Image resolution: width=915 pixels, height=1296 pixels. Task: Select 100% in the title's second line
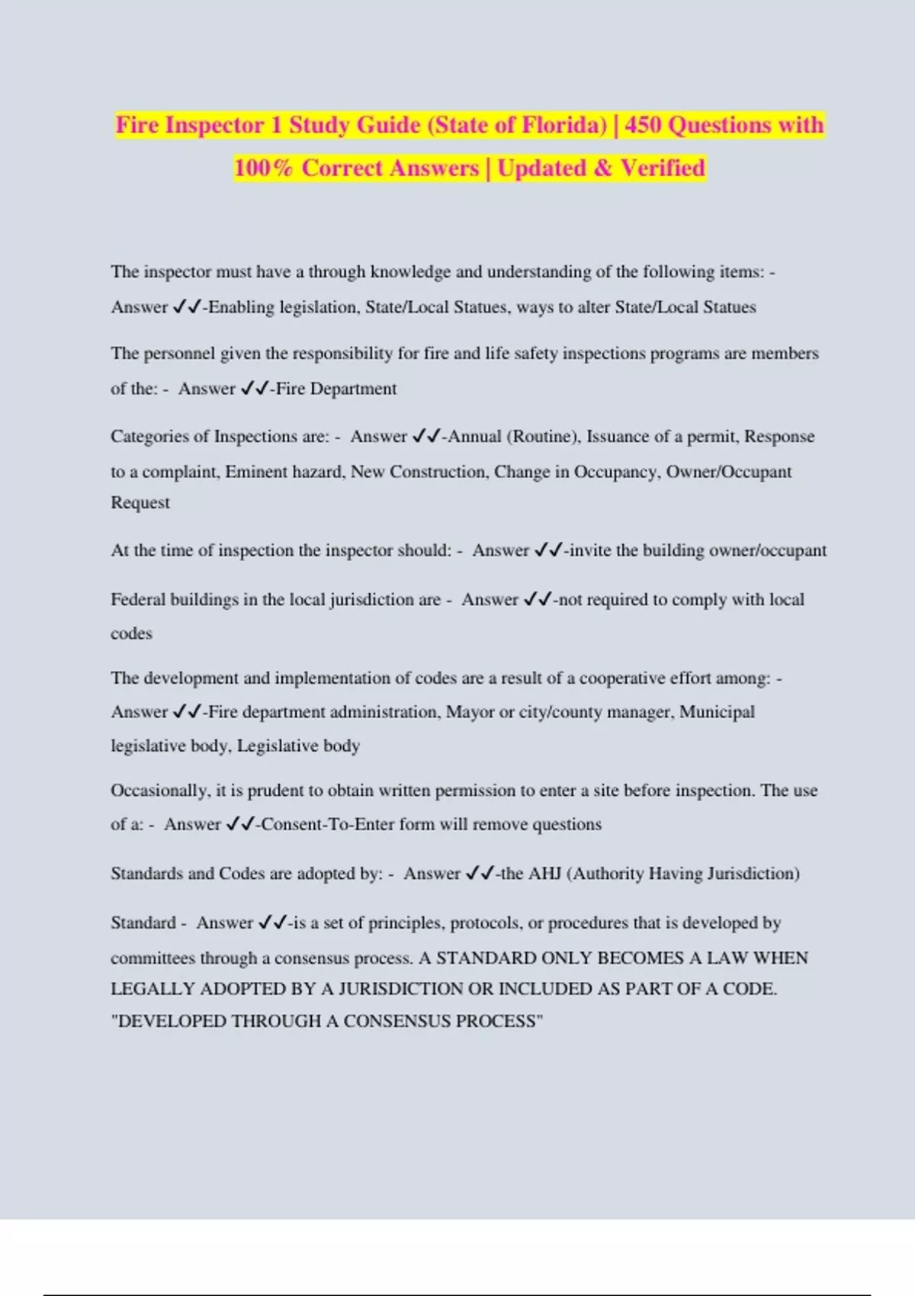(x=263, y=168)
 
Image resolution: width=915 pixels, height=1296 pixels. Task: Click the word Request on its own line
(x=140, y=503)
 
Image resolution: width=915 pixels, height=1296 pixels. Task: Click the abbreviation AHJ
(x=545, y=874)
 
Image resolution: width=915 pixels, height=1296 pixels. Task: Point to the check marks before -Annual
(x=426, y=437)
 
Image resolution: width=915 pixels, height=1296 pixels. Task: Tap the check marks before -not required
(x=538, y=600)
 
